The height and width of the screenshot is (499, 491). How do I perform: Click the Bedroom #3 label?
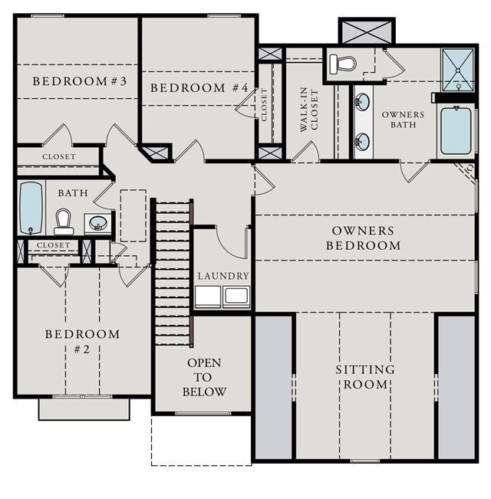[x=80, y=81]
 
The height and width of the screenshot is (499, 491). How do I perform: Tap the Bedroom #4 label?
[x=199, y=88]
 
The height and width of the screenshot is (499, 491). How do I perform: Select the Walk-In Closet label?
[x=309, y=110]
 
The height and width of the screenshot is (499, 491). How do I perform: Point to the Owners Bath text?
[x=403, y=120]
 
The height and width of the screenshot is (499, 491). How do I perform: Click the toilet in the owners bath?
[x=342, y=64]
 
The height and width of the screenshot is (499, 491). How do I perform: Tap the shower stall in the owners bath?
[x=457, y=70]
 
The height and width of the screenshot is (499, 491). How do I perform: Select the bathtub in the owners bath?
[x=456, y=130]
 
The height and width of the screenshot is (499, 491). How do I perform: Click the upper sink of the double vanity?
[x=363, y=101]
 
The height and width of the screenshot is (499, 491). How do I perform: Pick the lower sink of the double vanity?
[x=363, y=142]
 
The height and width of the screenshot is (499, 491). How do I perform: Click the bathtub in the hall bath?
[x=31, y=208]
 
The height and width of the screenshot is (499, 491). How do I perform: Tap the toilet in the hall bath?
[x=64, y=222]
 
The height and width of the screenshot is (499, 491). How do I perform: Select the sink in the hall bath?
[x=98, y=223]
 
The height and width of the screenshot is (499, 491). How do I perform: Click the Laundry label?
[x=223, y=276]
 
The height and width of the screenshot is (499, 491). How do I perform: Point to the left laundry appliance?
[x=208, y=297]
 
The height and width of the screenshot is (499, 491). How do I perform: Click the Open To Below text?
[x=204, y=377]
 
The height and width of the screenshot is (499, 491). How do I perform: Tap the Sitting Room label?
[x=365, y=377]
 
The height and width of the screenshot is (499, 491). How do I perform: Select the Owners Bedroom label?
[x=364, y=238]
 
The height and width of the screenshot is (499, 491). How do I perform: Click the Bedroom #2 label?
[x=82, y=342]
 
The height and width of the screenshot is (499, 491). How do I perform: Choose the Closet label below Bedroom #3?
[x=59, y=156]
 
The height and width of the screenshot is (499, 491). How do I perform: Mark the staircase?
[x=173, y=273]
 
